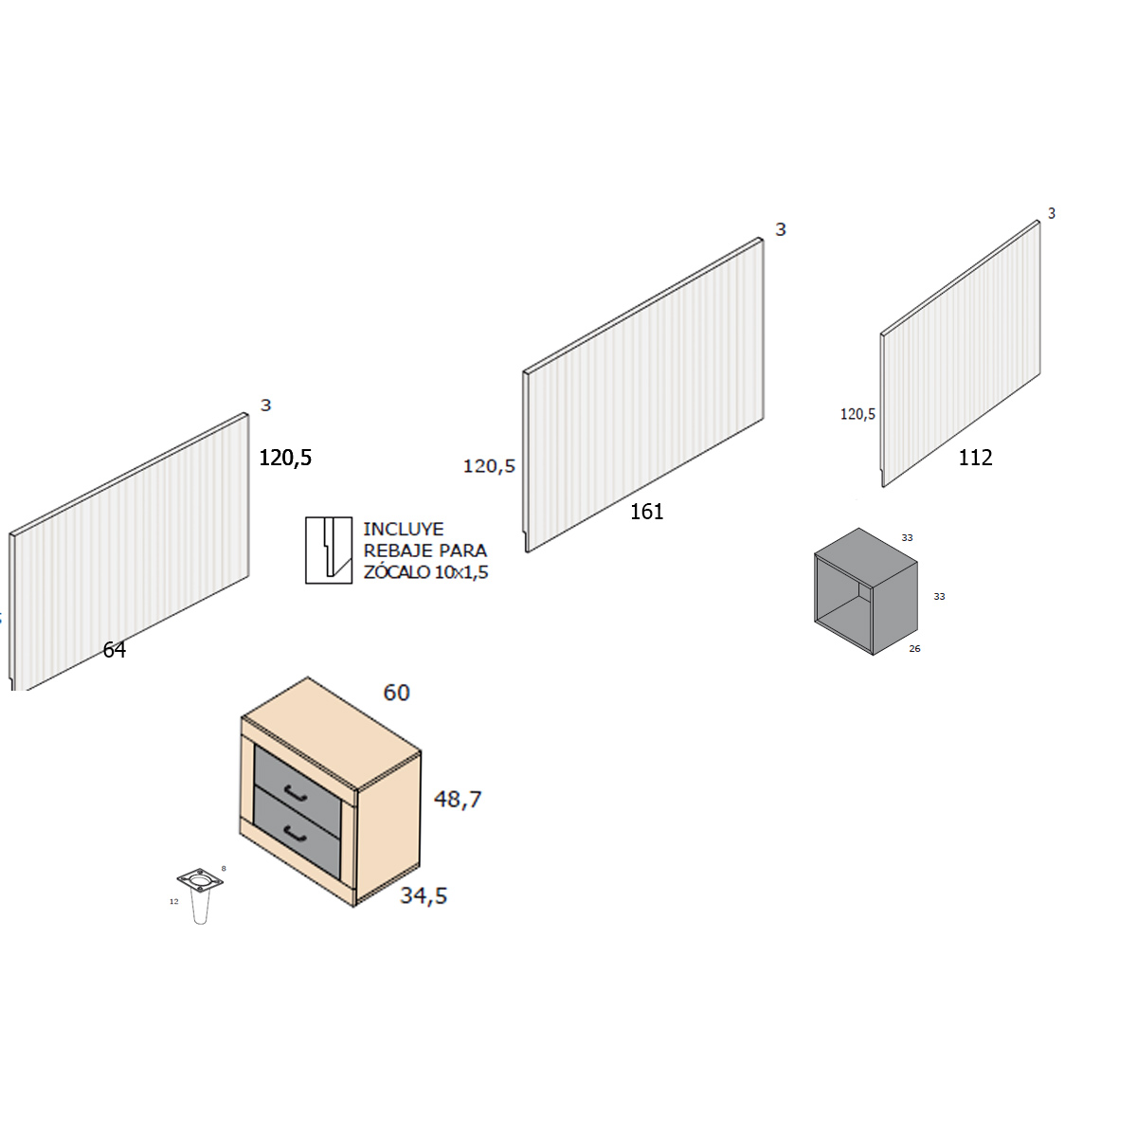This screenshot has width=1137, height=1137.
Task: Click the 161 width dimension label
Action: coord(647,512)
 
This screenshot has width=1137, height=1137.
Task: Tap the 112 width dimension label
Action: coord(975,458)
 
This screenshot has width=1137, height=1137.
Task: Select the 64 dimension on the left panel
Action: coord(115,650)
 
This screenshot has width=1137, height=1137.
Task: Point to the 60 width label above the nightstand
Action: coord(396,693)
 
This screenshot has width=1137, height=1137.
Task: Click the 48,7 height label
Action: coord(458,800)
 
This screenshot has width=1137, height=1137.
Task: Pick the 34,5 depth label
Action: coord(424,895)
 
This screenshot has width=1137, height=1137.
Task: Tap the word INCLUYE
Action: coord(403,530)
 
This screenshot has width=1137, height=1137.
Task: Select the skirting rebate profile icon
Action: coord(329,550)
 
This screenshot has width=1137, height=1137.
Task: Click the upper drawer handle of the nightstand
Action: coord(295,794)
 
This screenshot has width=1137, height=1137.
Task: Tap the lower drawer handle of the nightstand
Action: coord(295,835)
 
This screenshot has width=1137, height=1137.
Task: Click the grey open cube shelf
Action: coord(866,591)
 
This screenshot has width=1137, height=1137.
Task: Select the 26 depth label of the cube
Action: coord(914,648)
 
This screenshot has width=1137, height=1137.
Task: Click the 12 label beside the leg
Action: coord(174,902)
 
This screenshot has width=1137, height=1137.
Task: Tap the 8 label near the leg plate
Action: coord(224,869)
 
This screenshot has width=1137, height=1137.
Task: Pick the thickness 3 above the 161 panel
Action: coord(781,229)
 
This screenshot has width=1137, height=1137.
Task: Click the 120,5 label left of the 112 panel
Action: coord(857,414)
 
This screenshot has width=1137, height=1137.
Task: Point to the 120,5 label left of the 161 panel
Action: coord(489,466)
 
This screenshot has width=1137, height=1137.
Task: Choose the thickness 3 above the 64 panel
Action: coord(266,406)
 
